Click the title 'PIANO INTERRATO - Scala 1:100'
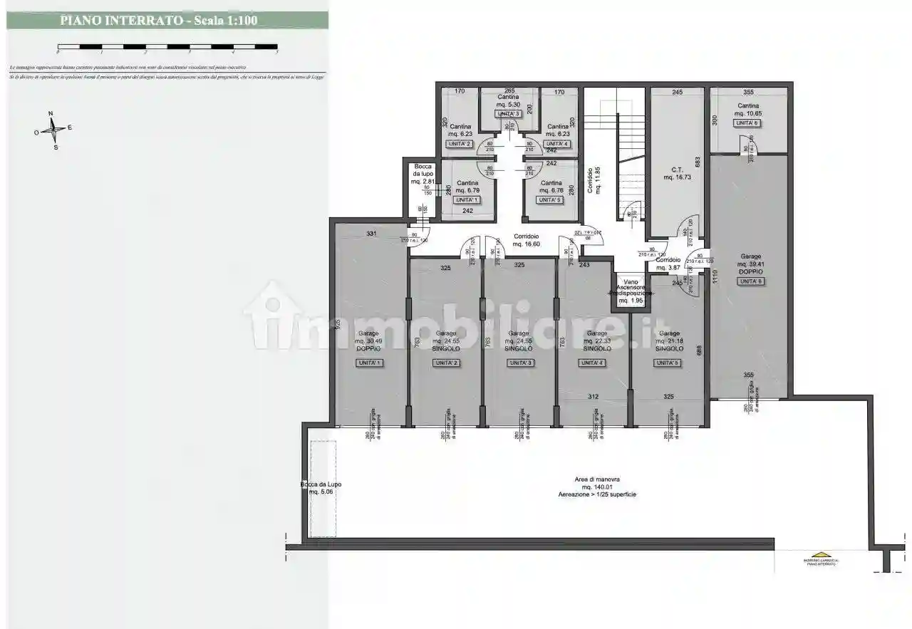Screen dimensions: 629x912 (158, 20)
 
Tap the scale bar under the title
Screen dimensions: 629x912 (167, 48)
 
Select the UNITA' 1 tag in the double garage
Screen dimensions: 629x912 (370, 363)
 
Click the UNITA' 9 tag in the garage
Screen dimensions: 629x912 (750, 281)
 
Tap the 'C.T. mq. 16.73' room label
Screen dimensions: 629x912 (678, 173)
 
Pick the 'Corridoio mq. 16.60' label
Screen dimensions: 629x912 (527, 240)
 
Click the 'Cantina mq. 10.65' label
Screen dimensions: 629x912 (749, 110)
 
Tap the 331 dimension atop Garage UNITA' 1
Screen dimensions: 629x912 (371, 233)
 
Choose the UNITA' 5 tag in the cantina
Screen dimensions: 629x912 (551, 200)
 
